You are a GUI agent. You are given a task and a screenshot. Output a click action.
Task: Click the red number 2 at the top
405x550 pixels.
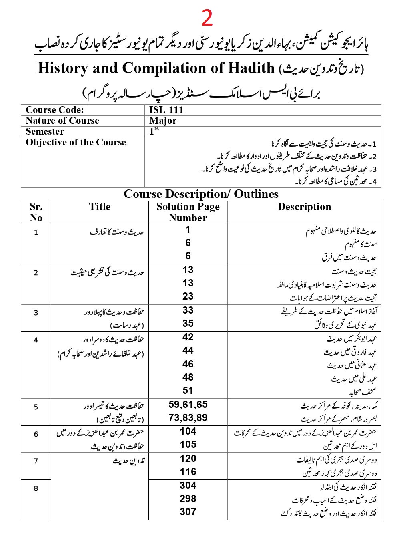[207, 18]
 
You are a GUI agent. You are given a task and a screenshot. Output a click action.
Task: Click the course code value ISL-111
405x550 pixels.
[166, 110]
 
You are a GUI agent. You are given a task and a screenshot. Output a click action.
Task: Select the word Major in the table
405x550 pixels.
[163, 121]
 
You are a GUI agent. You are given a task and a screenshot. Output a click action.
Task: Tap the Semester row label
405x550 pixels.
[45, 132]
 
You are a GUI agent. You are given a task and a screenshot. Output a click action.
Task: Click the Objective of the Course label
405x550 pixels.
[76, 143]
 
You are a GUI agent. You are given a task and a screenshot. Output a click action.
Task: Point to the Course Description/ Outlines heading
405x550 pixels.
[201, 194]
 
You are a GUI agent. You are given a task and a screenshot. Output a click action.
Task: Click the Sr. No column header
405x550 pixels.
[36, 212]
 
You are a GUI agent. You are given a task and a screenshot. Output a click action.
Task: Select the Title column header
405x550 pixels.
[100, 207]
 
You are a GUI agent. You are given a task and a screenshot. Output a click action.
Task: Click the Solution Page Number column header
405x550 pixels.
[188, 212]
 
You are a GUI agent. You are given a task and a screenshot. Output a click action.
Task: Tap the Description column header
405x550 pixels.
[304, 207]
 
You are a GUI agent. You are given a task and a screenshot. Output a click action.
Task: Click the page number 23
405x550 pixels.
[188, 296]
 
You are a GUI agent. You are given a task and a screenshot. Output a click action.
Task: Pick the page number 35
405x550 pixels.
[188, 324]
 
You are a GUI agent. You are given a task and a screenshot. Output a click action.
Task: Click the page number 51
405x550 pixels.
[188, 391]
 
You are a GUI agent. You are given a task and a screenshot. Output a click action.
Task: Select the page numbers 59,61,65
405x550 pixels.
[188, 405]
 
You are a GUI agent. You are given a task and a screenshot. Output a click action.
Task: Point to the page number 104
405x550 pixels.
[188, 431]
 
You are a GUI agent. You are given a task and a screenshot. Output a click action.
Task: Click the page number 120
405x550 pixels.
[188, 459]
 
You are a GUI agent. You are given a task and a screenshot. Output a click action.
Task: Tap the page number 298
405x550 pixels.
[188, 499]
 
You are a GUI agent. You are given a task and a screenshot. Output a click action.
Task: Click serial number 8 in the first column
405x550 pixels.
[36, 488]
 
